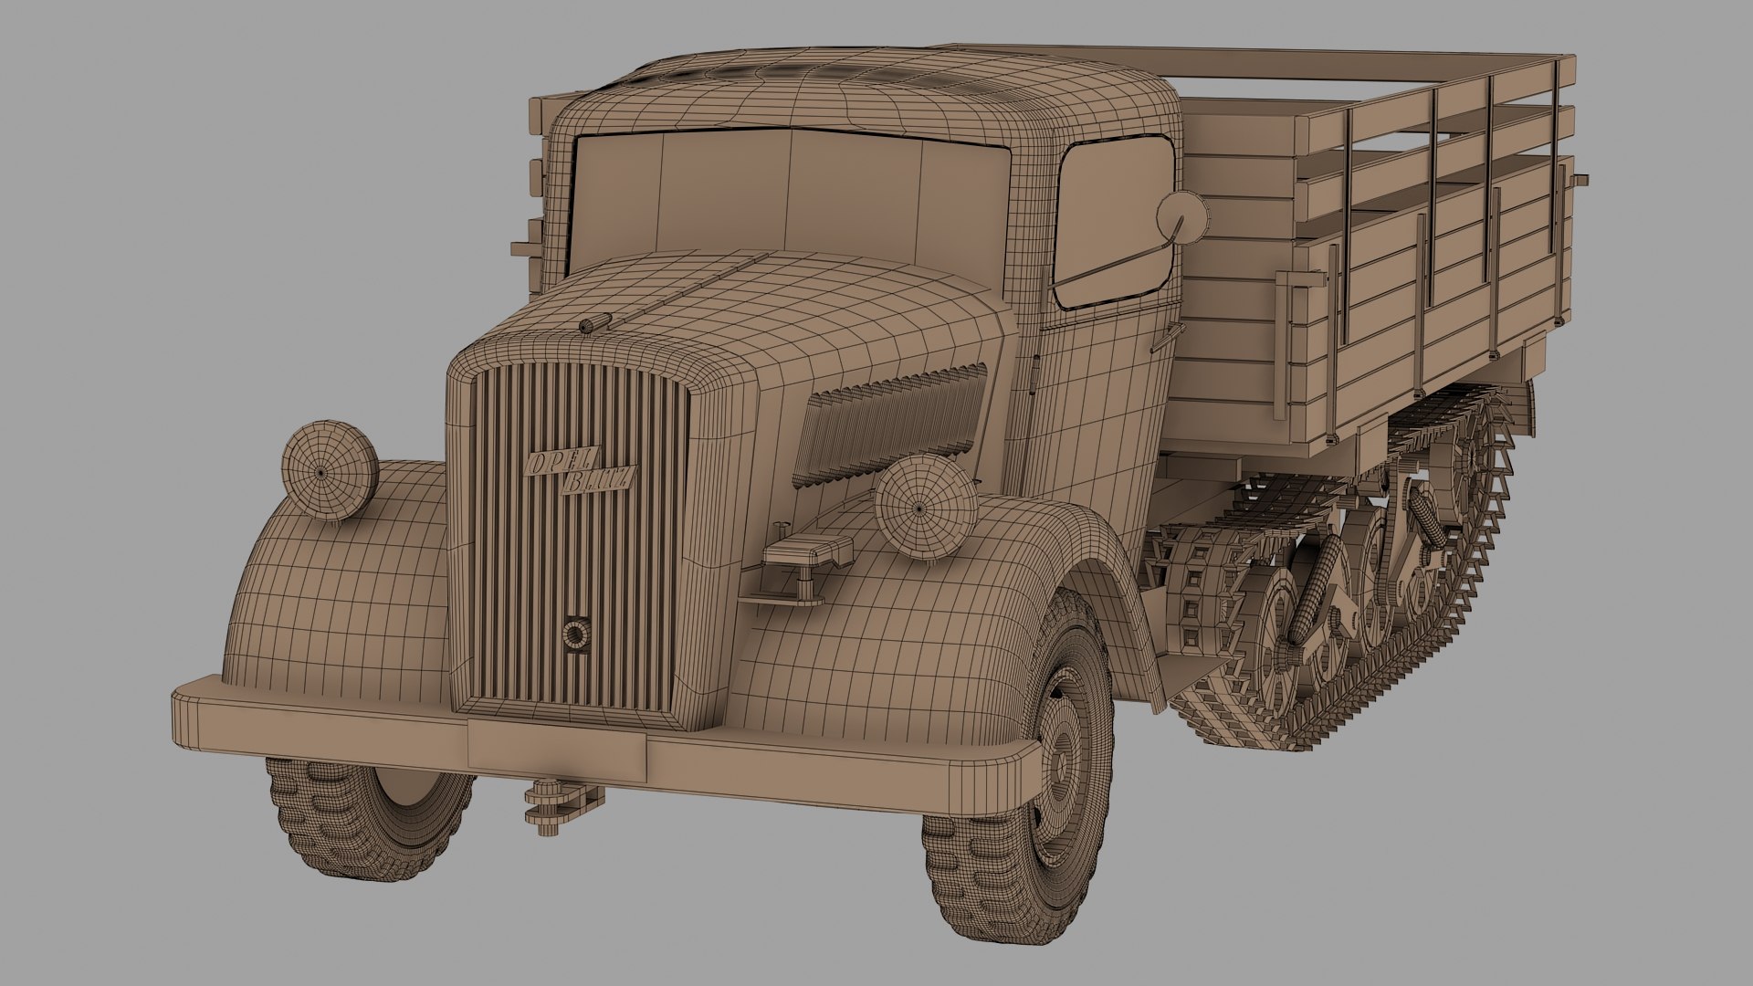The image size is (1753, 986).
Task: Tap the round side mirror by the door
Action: pos(1181,217)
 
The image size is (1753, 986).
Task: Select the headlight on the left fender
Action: pos(329,471)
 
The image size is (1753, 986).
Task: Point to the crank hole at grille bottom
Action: pos(575,634)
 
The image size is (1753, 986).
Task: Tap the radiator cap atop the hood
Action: pos(595,322)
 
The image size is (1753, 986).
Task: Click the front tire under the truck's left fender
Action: pos(370,817)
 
